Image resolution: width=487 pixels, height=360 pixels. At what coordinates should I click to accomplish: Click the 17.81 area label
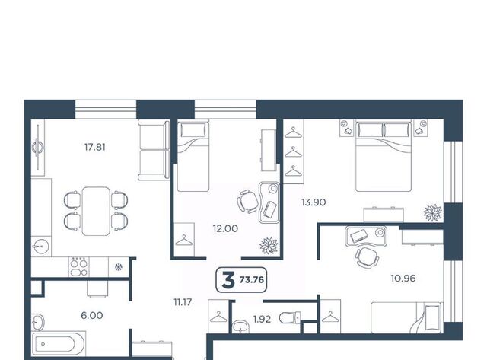[95, 147]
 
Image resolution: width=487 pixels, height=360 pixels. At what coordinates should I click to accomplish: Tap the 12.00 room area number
[225, 228]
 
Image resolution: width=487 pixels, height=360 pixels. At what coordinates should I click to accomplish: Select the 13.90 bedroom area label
[314, 202]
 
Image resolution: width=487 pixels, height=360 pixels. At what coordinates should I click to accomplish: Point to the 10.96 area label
[403, 279]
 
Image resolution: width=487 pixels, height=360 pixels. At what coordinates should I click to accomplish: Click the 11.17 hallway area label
[183, 302]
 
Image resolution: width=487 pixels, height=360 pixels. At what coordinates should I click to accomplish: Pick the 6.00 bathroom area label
[92, 316]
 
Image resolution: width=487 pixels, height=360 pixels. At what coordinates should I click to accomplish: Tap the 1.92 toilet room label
[262, 319]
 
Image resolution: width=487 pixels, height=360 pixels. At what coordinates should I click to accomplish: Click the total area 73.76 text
[252, 280]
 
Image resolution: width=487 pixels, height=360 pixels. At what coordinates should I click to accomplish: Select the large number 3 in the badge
[228, 280]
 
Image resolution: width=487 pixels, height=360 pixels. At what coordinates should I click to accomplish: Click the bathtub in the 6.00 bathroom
[59, 344]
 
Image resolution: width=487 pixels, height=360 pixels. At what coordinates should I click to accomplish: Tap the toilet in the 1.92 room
[290, 317]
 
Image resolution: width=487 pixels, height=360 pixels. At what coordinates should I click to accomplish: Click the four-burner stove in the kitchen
[79, 267]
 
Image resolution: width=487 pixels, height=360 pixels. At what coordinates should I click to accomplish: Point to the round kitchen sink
[40, 247]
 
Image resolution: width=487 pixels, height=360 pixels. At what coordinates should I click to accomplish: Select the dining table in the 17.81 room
[96, 212]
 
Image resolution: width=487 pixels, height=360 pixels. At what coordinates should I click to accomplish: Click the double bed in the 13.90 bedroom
[384, 155]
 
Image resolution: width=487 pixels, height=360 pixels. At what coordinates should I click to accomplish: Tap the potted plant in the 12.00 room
[269, 245]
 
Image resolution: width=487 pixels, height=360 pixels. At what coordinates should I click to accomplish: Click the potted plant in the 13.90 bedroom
[433, 212]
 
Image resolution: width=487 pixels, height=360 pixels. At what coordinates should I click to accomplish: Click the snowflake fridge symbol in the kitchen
[119, 267]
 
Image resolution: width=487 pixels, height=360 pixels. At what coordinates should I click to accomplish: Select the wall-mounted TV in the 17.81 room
[38, 147]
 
